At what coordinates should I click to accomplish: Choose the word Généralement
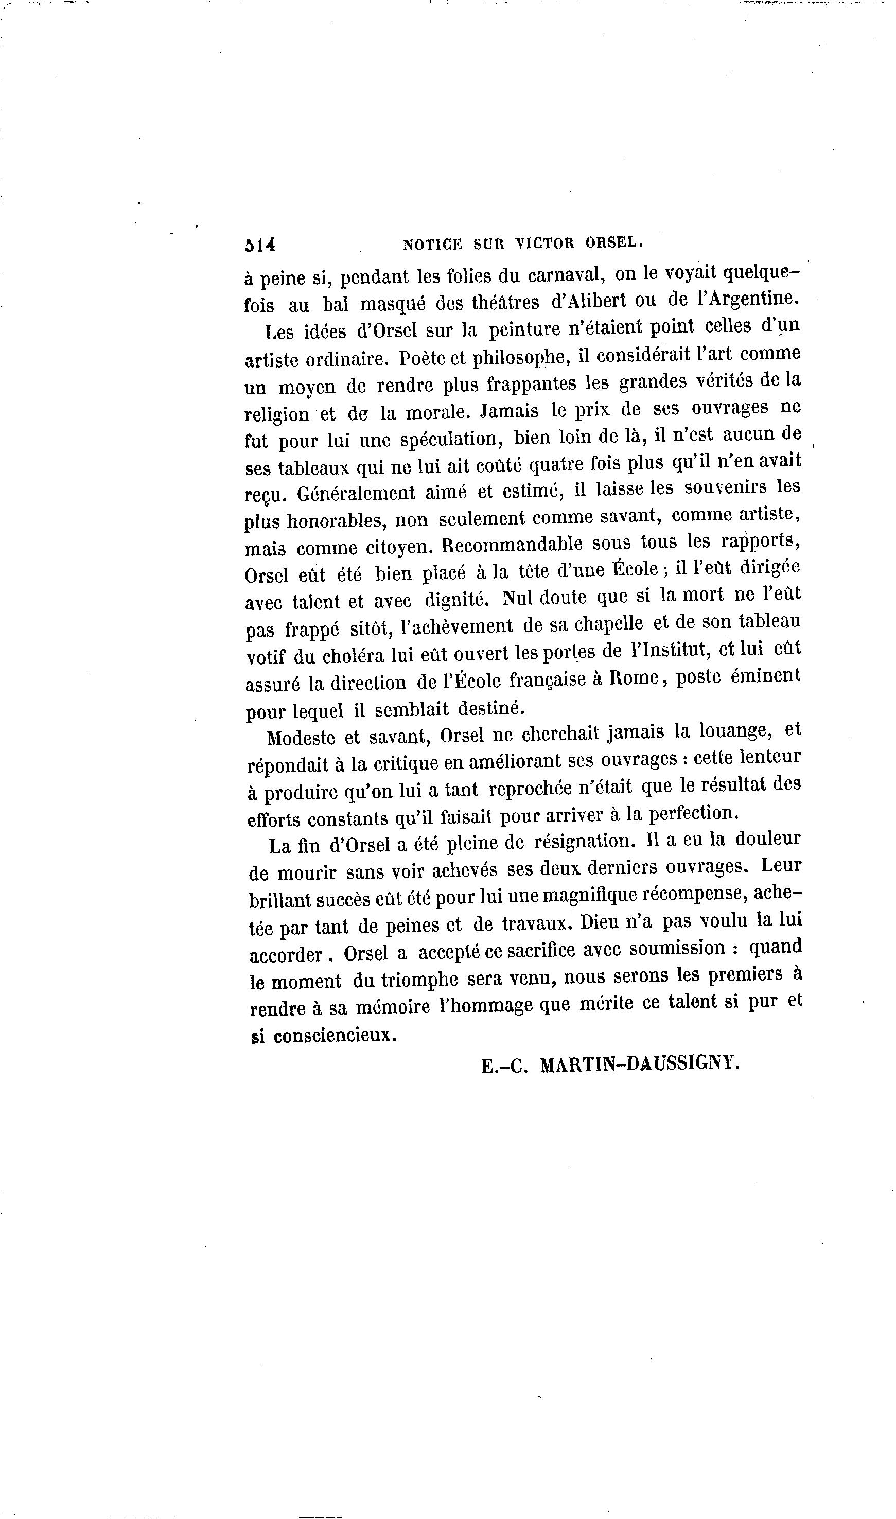356,493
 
